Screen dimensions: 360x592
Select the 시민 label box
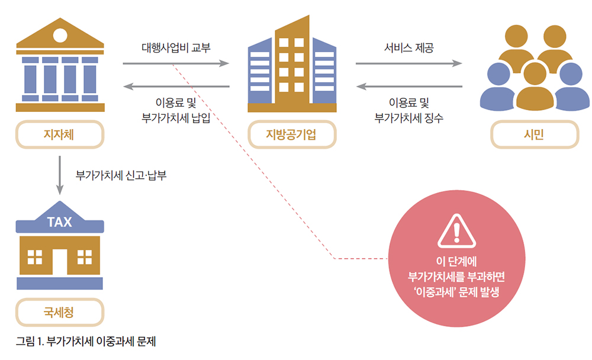click(534, 135)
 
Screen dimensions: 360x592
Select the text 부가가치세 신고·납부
click(121, 176)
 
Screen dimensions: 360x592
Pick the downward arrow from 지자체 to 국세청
click(59, 175)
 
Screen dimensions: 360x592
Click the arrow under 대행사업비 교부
click(176, 63)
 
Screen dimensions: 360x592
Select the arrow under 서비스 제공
click(408, 63)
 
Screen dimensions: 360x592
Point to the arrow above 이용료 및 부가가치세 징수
click(408, 87)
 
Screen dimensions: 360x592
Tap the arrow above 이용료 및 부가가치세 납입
click(176, 87)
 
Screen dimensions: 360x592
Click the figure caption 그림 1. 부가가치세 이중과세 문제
click(86, 342)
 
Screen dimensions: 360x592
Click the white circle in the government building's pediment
click(60, 35)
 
